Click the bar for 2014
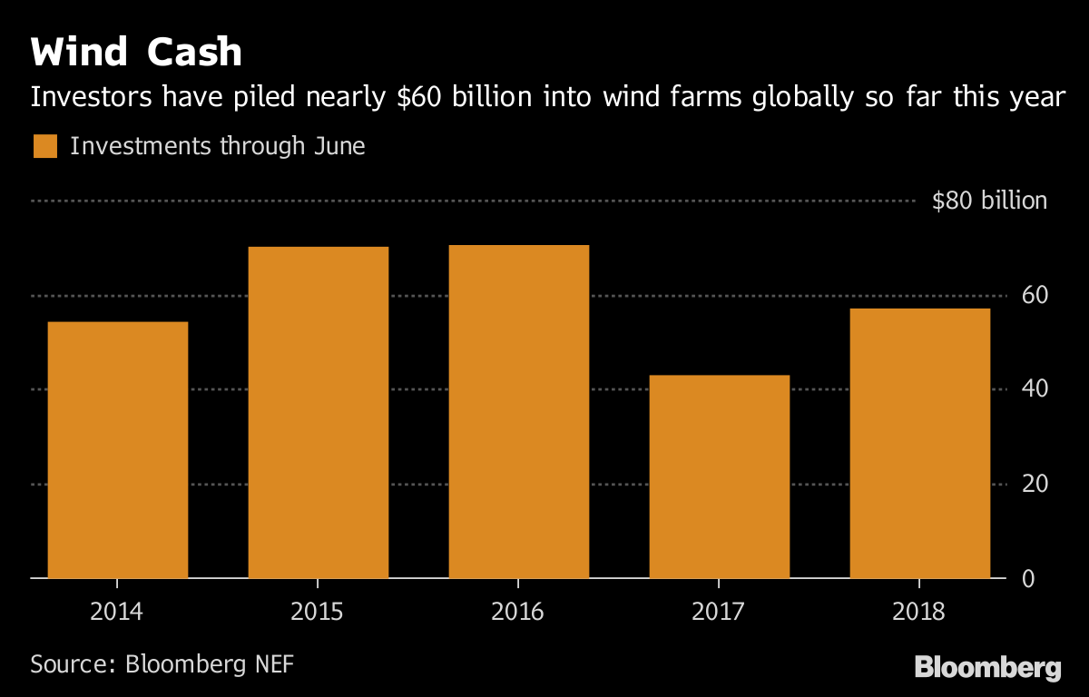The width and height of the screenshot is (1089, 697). [118, 450]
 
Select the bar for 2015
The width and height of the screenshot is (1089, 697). [319, 413]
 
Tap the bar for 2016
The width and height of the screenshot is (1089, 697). [519, 412]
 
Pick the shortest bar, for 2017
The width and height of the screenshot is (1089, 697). [720, 476]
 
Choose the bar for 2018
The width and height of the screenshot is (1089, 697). [919, 443]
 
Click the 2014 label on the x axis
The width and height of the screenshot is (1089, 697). [117, 612]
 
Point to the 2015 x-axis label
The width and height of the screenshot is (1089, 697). [318, 612]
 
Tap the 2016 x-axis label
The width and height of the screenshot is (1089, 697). [518, 612]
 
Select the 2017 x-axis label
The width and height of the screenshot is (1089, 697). [719, 612]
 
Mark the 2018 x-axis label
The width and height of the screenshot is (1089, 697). [919, 612]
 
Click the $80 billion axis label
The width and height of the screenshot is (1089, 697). [989, 201]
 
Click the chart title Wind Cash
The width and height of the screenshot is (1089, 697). [137, 53]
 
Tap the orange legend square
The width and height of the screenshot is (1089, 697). [45, 146]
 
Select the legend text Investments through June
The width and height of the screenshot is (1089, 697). [217, 146]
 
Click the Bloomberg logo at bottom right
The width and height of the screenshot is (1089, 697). [987, 668]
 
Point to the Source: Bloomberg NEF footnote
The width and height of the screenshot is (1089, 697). [162, 663]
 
